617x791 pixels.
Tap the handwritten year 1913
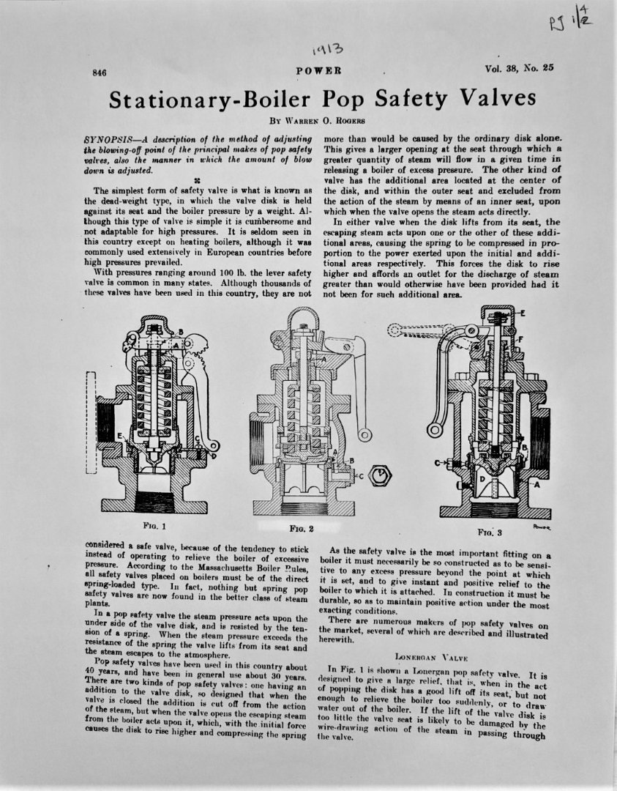pos(325,50)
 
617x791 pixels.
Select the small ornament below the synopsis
pos(197,180)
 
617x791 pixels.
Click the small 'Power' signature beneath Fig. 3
pos(542,526)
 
